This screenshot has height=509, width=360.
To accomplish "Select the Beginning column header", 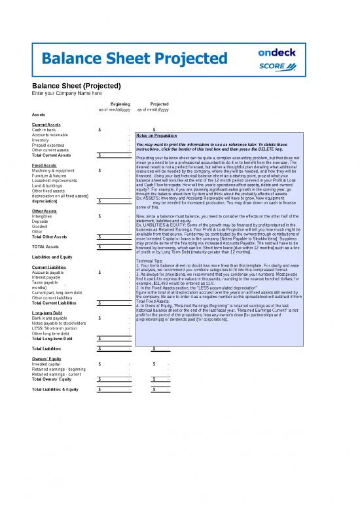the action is pos(120,104).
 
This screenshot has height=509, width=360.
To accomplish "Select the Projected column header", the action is pos(160,104).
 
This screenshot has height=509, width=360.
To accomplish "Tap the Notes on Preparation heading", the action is pos(158,136).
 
